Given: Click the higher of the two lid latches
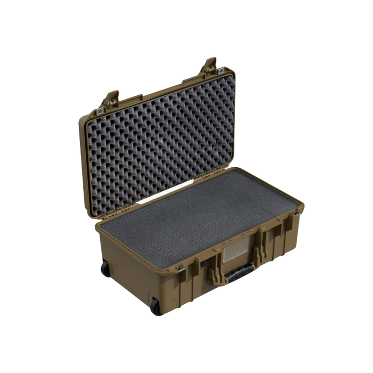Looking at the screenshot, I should click(x=209, y=66).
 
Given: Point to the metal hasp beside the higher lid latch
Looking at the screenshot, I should click(x=220, y=71).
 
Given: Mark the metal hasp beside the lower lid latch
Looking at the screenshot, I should click(x=100, y=110).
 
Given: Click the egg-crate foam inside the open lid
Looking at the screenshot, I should click(x=160, y=139).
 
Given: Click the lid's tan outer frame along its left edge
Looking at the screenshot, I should click(x=84, y=160).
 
